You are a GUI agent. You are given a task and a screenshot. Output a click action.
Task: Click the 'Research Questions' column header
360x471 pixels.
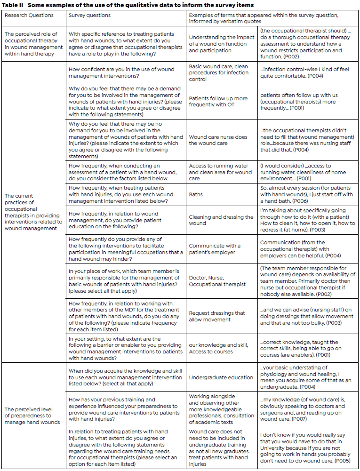pos(29,15)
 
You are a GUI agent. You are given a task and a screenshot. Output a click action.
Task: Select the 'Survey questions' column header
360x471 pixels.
pos(90,15)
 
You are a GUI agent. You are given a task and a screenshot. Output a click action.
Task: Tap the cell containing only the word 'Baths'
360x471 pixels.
pos(196,193)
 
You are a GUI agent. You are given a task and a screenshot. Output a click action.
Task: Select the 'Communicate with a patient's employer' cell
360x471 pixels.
pos(215,249)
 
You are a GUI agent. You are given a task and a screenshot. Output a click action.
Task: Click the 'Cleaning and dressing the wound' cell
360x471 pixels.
pos(221,220)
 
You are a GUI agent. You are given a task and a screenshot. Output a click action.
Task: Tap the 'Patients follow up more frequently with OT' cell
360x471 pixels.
pos(218,102)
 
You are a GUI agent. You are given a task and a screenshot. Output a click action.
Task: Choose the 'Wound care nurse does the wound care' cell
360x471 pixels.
pos(218,140)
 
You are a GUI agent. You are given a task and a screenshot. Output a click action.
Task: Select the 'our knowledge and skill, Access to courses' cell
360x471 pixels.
pos(218,349)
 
